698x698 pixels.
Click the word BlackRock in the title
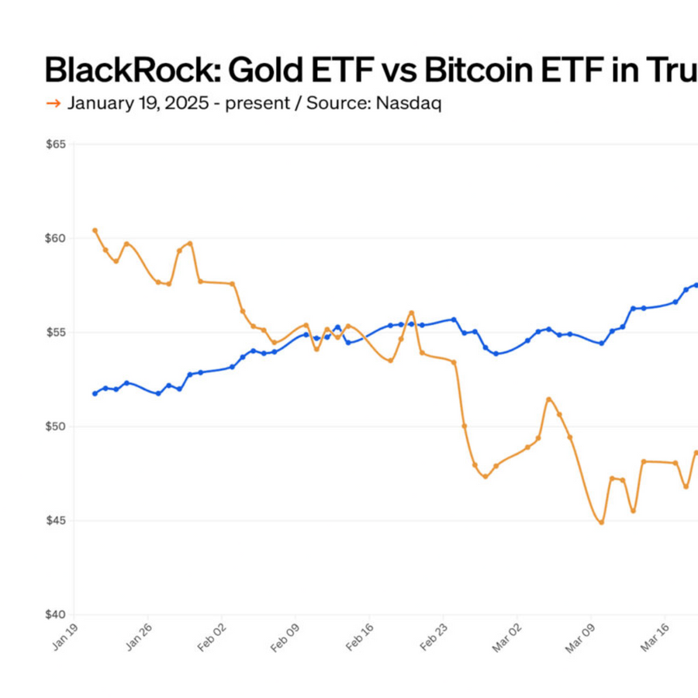pos(128,70)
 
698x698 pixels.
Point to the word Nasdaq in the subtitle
pos(409,103)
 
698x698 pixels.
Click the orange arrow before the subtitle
pos(54,103)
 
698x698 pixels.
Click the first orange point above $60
pos(95,230)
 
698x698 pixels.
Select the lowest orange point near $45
pos(601,522)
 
